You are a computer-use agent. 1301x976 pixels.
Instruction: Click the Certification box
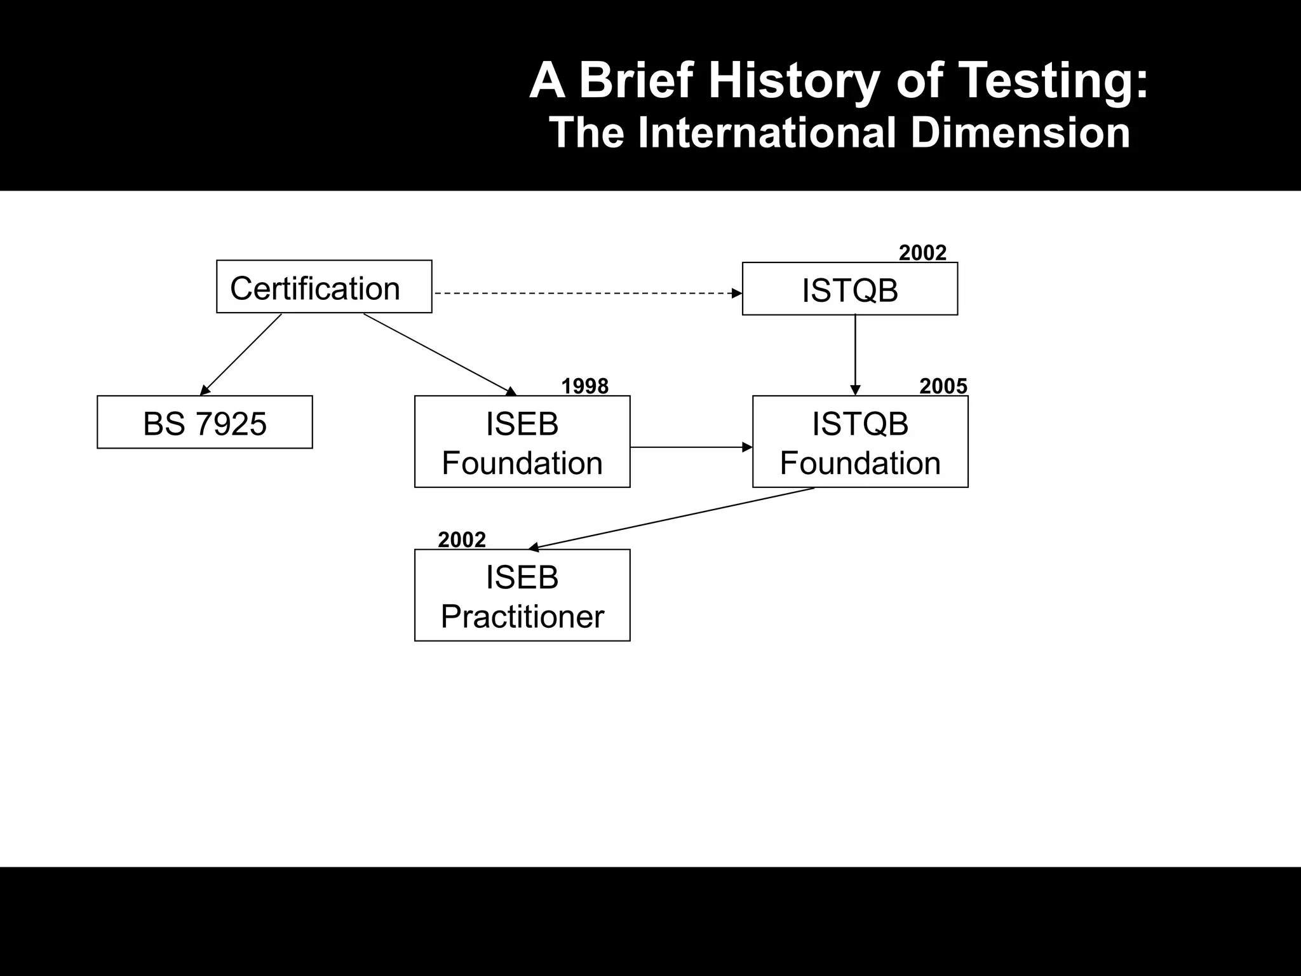pos(324,287)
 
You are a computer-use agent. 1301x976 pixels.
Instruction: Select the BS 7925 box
pos(205,423)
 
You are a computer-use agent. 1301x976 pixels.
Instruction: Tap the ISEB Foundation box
pos(522,442)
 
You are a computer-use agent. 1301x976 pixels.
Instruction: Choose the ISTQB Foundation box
pos(860,442)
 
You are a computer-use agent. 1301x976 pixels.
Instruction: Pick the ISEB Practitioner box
pos(522,595)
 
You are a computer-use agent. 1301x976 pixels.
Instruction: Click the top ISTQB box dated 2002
pos(850,289)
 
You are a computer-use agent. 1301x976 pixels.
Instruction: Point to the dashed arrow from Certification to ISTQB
pos(588,294)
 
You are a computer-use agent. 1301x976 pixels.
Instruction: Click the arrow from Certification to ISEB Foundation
pos(438,353)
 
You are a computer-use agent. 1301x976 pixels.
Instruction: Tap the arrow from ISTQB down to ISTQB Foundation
pos(855,355)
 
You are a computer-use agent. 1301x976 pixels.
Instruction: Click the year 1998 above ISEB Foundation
pos(584,386)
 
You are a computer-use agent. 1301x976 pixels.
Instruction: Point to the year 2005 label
pos(943,386)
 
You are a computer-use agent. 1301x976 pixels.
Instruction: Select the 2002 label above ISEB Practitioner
pos(462,540)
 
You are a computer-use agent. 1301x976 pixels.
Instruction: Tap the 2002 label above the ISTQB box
pos(922,253)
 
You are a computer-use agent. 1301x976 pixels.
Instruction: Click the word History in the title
pos(793,81)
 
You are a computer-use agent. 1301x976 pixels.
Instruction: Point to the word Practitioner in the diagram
pos(522,616)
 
